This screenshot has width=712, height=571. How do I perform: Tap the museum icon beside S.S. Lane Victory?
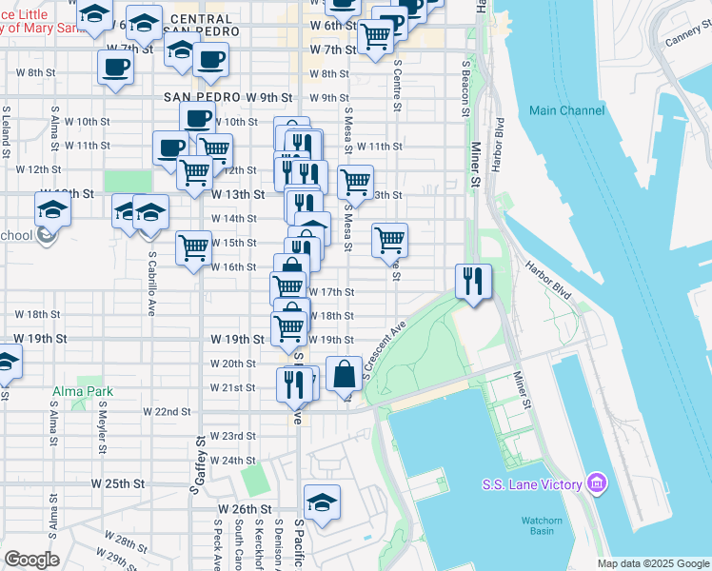point(597,484)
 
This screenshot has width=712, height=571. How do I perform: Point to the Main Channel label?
point(566,110)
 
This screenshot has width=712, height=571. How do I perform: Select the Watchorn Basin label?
point(544,525)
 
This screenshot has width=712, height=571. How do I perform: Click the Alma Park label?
point(82,391)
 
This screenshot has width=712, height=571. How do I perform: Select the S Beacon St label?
point(466,89)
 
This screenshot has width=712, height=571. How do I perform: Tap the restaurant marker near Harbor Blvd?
point(473,281)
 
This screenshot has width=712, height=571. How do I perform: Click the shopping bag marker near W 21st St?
point(343,374)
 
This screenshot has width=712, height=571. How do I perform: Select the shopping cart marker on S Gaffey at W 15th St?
point(194,248)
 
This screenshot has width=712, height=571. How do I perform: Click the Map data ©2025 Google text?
point(652,563)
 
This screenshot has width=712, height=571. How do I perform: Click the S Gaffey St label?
point(201,465)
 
